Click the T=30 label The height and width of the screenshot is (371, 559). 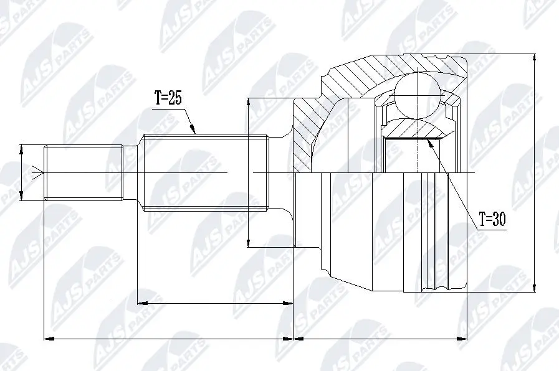point(492,219)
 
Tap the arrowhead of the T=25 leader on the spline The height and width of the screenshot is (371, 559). point(194,131)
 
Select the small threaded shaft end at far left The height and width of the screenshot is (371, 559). point(82,172)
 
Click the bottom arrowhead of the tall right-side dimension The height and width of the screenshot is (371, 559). point(535,288)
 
